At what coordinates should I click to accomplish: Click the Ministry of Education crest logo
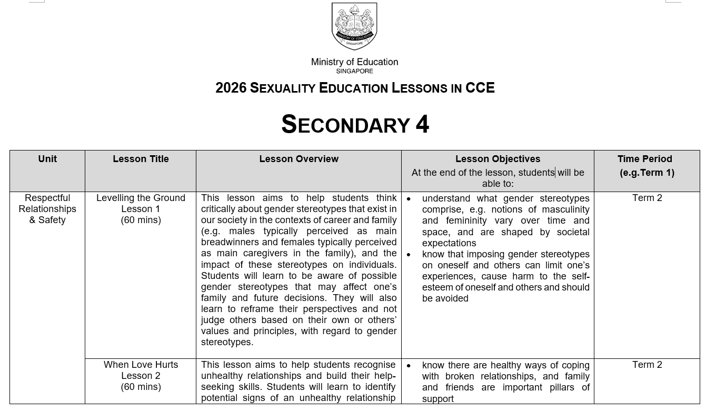click(354, 26)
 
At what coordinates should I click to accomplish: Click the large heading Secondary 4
click(355, 125)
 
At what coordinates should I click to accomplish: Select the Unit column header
click(47, 159)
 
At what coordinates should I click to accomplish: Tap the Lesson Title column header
click(141, 159)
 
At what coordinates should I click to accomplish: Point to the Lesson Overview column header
click(299, 159)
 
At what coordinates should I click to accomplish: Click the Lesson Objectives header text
click(498, 159)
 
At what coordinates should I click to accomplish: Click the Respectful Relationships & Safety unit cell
click(47, 209)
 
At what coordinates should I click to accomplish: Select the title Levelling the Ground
click(141, 198)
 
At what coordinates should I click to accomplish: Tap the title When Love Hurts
click(141, 365)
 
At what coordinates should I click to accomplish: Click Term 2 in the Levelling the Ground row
click(647, 198)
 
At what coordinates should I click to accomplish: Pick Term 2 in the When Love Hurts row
click(647, 365)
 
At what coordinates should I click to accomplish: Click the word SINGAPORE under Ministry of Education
click(354, 71)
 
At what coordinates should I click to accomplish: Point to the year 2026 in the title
click(231, 88)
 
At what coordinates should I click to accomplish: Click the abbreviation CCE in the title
click(480, 88)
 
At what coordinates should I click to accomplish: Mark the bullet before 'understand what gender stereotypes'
click(409, 199)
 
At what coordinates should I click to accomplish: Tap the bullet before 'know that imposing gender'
click(409, 255)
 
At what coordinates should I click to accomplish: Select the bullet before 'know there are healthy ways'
click(409, 366)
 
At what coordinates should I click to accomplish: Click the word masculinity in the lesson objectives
click(565, 209)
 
